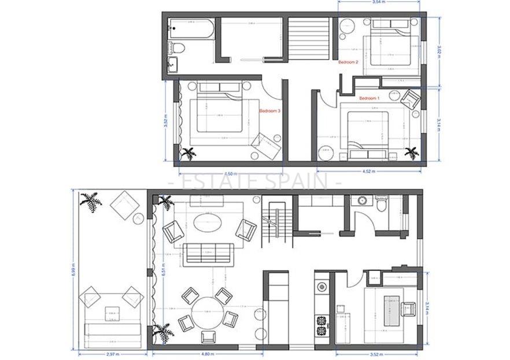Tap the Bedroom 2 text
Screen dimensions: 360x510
[348, 62]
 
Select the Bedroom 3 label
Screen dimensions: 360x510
[269, 110]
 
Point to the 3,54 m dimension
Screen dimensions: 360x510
[378, 3]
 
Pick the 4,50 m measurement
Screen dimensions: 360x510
[230, 173]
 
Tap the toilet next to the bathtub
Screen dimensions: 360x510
[178, 47]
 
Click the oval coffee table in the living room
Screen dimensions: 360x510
[207, 221]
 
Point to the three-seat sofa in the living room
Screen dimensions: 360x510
[208, 253]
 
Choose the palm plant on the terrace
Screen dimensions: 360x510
[90, 202]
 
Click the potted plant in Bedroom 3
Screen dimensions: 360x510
[188, 153]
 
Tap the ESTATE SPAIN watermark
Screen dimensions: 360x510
[254, 182]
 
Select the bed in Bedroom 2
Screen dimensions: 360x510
[390, 46]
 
